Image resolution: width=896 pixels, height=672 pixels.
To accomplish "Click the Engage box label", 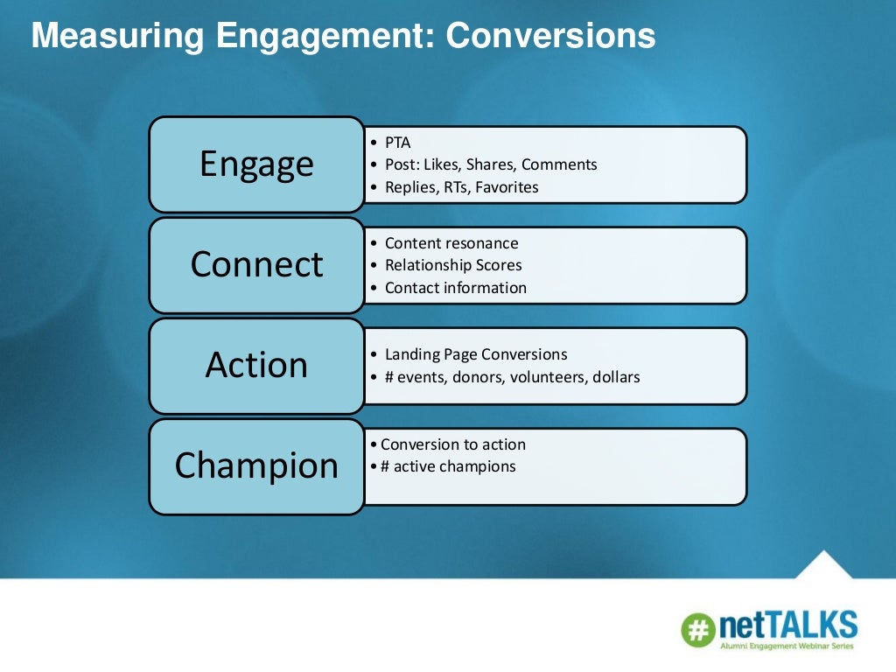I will tap(256, 164).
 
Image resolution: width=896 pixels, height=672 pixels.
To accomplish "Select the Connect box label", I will tap(256, 264).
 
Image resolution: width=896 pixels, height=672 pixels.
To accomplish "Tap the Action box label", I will tap(256, 365).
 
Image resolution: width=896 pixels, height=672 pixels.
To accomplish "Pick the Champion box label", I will tap(256, 465).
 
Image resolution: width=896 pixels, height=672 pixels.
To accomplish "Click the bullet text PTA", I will tap(397, 143).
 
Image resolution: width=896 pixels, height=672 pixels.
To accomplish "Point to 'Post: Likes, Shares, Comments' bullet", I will tap(490, 164).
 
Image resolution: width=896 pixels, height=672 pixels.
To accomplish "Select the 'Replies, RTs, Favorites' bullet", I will tap(461, 186).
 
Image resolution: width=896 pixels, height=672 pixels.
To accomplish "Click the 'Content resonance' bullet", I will tap(451, 243).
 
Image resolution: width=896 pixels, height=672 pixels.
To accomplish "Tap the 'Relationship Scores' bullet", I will tap(452, 265).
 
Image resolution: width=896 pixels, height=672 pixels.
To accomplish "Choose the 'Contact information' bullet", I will tap(455, 288).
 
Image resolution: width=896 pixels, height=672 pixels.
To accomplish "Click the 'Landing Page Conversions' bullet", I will tap(475, 354).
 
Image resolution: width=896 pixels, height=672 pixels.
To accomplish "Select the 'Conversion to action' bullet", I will tap(452, 444).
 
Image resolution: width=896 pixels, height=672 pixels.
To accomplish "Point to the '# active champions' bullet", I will tap(447, 466).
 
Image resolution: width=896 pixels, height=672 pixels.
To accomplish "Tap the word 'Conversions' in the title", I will tap(550, 36).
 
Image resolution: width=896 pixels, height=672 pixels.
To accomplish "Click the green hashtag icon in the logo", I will tap(698, 629).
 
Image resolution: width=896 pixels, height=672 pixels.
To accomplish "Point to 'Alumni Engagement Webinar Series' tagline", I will tap(785, 647).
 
